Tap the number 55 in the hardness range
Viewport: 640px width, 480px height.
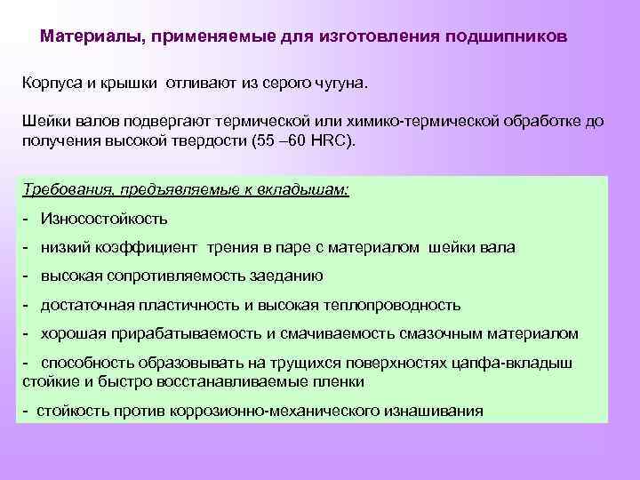pos(264,140)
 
